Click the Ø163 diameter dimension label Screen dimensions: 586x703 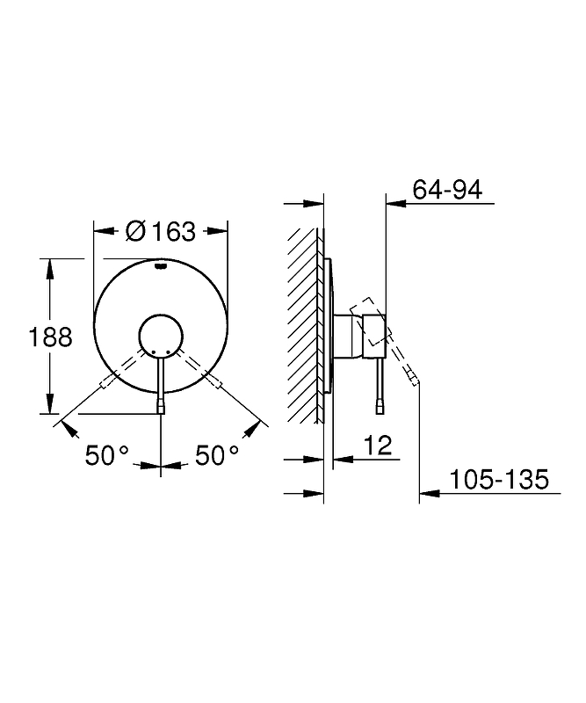coord(161,231)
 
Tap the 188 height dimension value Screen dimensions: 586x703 coord(50,337)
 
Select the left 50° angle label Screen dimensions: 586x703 coord(107,455)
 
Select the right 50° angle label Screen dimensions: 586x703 coord(217,455)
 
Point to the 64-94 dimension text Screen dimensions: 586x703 coord(447,190)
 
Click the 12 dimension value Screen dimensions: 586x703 coord(378,446)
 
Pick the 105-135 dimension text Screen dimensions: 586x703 coord(498,479)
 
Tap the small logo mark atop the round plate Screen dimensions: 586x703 coord(161,267)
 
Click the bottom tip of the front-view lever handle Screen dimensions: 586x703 coord(161,413)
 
